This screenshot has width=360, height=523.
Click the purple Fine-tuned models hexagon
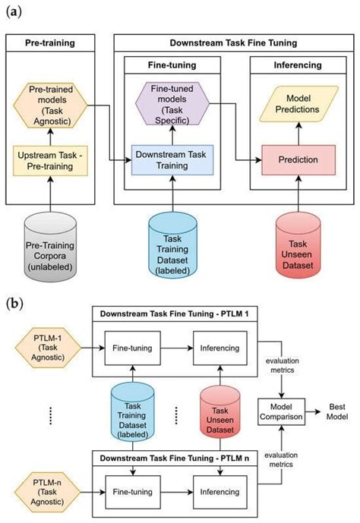(172, 103)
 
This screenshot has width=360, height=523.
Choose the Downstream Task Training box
(172, 160)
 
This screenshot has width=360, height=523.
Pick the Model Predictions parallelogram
(296, 105)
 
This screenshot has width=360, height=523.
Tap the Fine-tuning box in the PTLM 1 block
(133, 349)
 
